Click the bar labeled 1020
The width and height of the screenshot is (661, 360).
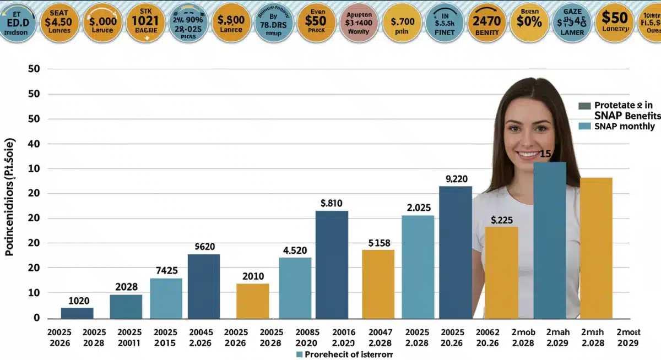click(x=77, y=313)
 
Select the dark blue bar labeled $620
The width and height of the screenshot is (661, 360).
click(x=204, y=286)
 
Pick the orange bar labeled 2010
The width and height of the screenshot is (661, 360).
click(x=253, y=301)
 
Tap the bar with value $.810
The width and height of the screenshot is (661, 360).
click(x=332, y=264)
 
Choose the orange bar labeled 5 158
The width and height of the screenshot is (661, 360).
click(x=378, y=283)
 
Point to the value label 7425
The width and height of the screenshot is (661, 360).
click(x=166, y=271)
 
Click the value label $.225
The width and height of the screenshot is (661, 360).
click(x=501, y=220)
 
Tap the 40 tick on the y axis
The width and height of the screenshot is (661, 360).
click(x=34, y=144)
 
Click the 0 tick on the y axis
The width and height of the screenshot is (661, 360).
click(x=36, y=318)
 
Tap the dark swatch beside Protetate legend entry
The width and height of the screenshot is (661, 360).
click(x=585, y=106)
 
